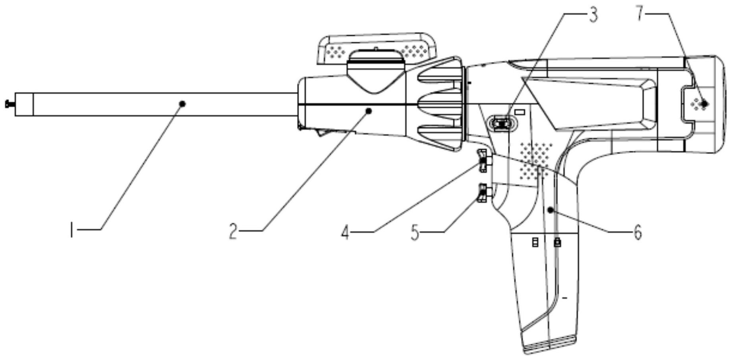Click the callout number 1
click(x=72, y=230)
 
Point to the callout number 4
click(x=345, y=233)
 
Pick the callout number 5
click(x=415, y=233)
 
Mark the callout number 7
click(x=640, y=14)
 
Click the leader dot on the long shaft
click(x=182, y=104)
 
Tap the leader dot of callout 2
click(x=369, y=111)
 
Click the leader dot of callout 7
click(x=705, y=104)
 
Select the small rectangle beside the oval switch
click(x=520, y=112)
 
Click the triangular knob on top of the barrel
click(x=375, y=75)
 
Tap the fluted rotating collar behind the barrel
click(x=441, y=104)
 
